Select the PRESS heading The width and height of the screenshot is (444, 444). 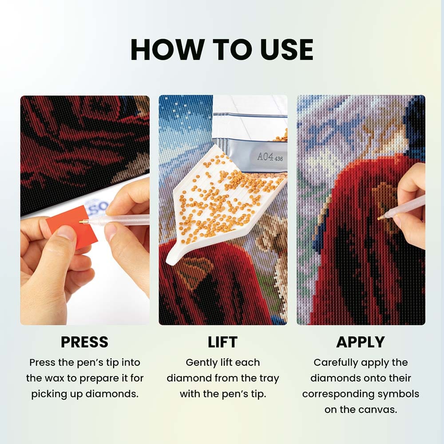[x=84, y=342]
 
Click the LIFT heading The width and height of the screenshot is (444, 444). [x=222, y=342]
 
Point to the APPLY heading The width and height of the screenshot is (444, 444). [x=361, y=342]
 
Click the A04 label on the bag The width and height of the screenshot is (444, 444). [x=265, y=156]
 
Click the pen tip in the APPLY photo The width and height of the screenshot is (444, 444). [x=380, y=218]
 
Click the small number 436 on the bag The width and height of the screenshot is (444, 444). [x=279, y=159]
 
